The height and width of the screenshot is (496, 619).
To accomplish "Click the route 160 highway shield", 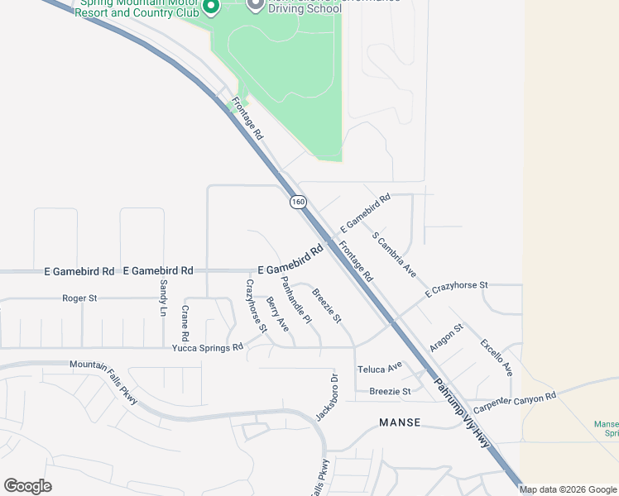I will point(298,201).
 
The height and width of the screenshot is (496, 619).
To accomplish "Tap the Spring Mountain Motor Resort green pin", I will point(211,7).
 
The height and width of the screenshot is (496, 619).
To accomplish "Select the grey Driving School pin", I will point(255,4).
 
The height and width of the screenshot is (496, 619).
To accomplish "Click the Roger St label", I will point(80,298).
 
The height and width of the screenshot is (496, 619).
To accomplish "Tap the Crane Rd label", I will point(185,322).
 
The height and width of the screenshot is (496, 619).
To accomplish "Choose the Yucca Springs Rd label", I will point(208,348).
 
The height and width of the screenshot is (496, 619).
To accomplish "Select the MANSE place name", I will point(400,422).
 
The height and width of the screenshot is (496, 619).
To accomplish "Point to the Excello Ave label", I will point(497,356).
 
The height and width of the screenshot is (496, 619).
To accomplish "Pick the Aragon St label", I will point(447,337).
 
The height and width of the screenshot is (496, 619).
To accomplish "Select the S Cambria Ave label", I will point(394,254).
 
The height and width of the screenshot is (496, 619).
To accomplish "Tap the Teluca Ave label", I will point(379,366).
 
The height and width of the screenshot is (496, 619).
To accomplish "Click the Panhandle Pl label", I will point(295,300).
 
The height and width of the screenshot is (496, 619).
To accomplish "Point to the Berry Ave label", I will point(277,315).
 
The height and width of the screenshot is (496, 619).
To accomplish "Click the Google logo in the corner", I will point(28,486).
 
